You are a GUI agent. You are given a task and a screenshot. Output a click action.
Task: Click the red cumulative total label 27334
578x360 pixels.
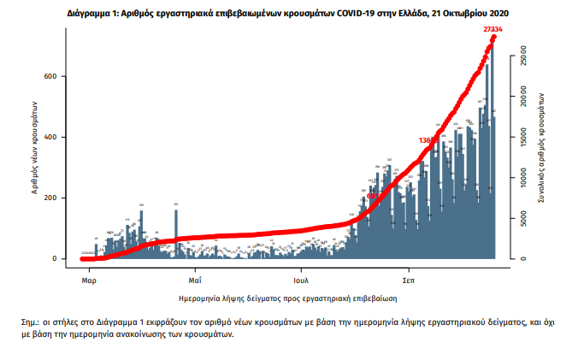(492, 29)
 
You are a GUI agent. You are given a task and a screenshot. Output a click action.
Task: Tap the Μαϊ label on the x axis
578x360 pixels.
(195, 280)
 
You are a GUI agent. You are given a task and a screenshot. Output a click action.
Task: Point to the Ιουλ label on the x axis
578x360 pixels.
(300, 280)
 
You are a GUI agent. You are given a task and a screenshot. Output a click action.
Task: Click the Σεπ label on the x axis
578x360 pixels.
(410, 280)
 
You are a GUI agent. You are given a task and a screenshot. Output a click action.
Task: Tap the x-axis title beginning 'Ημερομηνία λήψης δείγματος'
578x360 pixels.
(287, 299)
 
